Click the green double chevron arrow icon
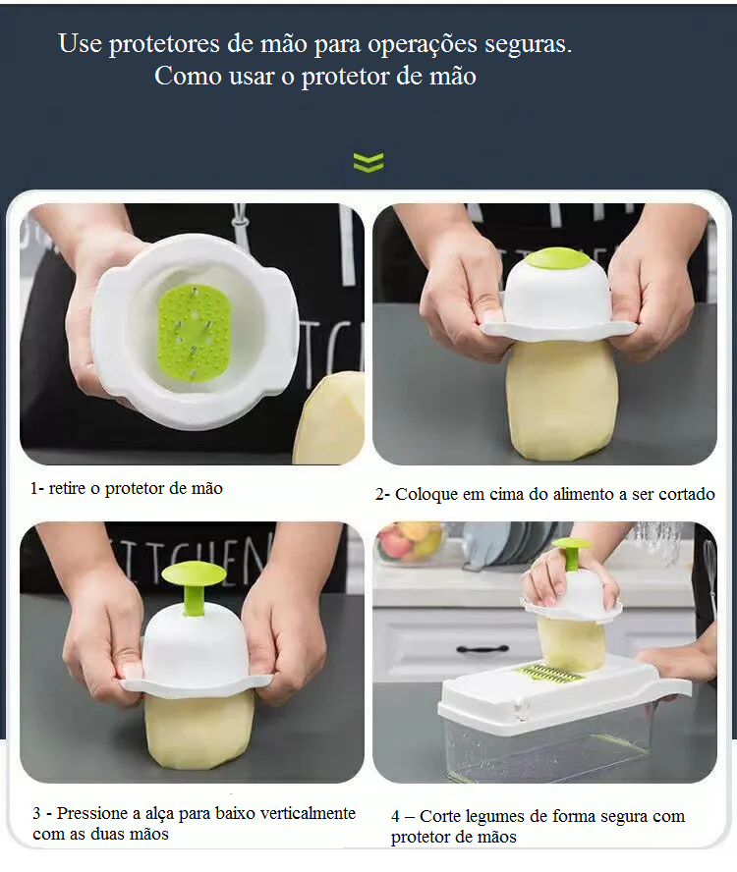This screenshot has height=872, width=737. pos(368,162)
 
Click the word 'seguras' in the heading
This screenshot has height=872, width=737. pos(528,44)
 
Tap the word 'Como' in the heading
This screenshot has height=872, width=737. pos(188,76)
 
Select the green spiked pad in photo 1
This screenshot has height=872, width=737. pos(194,330)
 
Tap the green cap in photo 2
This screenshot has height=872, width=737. pos(558,257)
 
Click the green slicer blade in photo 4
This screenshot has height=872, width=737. pos(549,674)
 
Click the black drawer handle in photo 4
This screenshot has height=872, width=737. pos(482,649)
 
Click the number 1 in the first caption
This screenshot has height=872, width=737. pos(34,488)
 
